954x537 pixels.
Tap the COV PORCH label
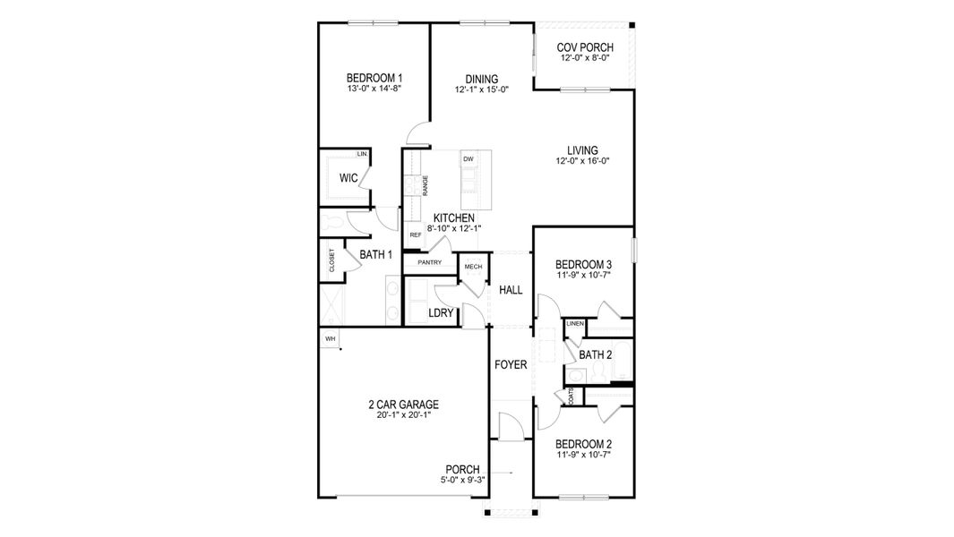584,47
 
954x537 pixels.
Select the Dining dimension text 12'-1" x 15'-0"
481,89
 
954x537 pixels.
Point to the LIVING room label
582,150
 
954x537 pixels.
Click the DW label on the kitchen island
468,159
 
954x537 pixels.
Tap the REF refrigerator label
415,235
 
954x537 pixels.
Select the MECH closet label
472,267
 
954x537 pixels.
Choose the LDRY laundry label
441,313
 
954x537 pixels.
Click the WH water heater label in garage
330,338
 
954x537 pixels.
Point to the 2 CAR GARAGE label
402,405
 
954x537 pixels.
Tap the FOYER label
511,365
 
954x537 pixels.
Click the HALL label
511,290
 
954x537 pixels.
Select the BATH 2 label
595,355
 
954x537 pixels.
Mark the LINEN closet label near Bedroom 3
575,323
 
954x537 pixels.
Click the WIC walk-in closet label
348,178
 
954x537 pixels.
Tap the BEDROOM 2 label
583,444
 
